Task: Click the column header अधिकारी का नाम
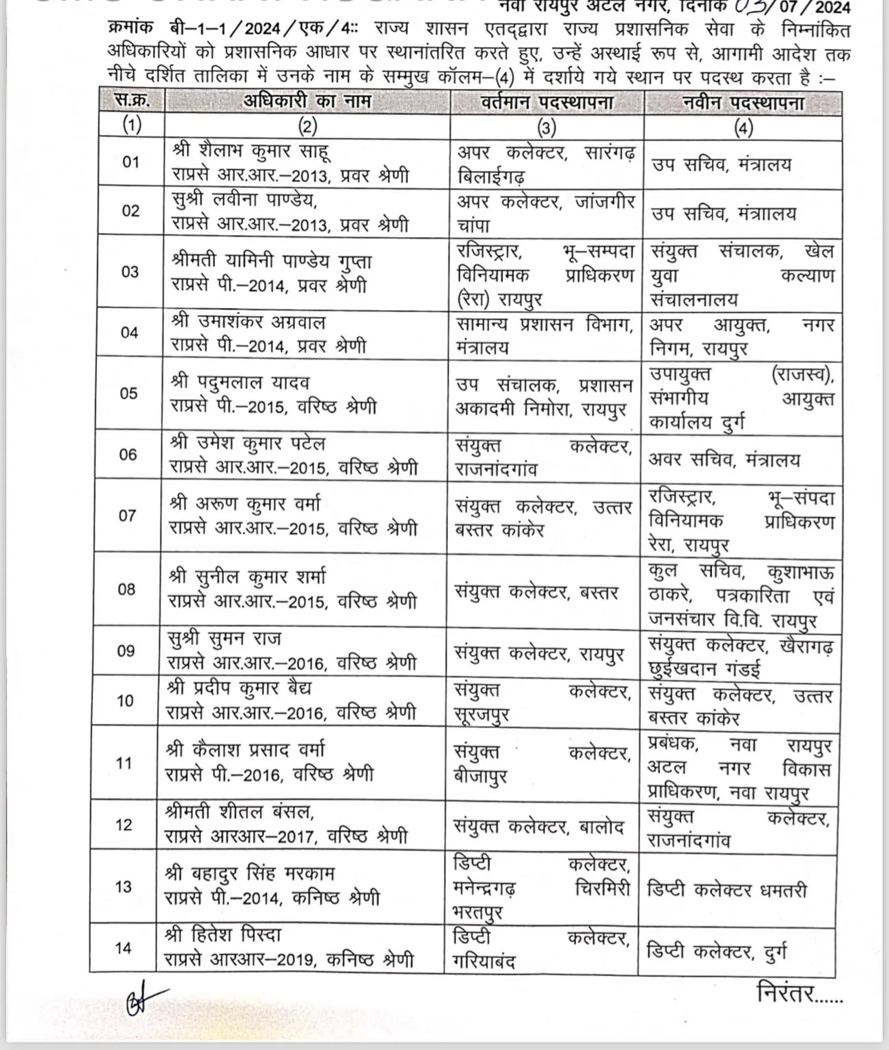307,101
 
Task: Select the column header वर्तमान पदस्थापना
546,103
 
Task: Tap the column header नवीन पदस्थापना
743,103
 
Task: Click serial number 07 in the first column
127,515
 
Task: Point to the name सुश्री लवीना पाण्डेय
244,200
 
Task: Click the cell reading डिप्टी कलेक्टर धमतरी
726,889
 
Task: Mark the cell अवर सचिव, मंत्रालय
724,459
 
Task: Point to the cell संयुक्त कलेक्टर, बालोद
539,826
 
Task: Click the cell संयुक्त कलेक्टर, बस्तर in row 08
536,592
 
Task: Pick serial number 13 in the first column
124,886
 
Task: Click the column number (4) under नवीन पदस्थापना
743,127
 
